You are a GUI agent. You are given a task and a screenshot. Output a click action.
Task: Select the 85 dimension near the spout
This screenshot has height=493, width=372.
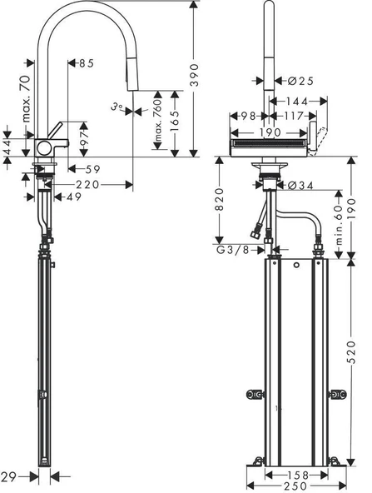coord(87,62)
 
